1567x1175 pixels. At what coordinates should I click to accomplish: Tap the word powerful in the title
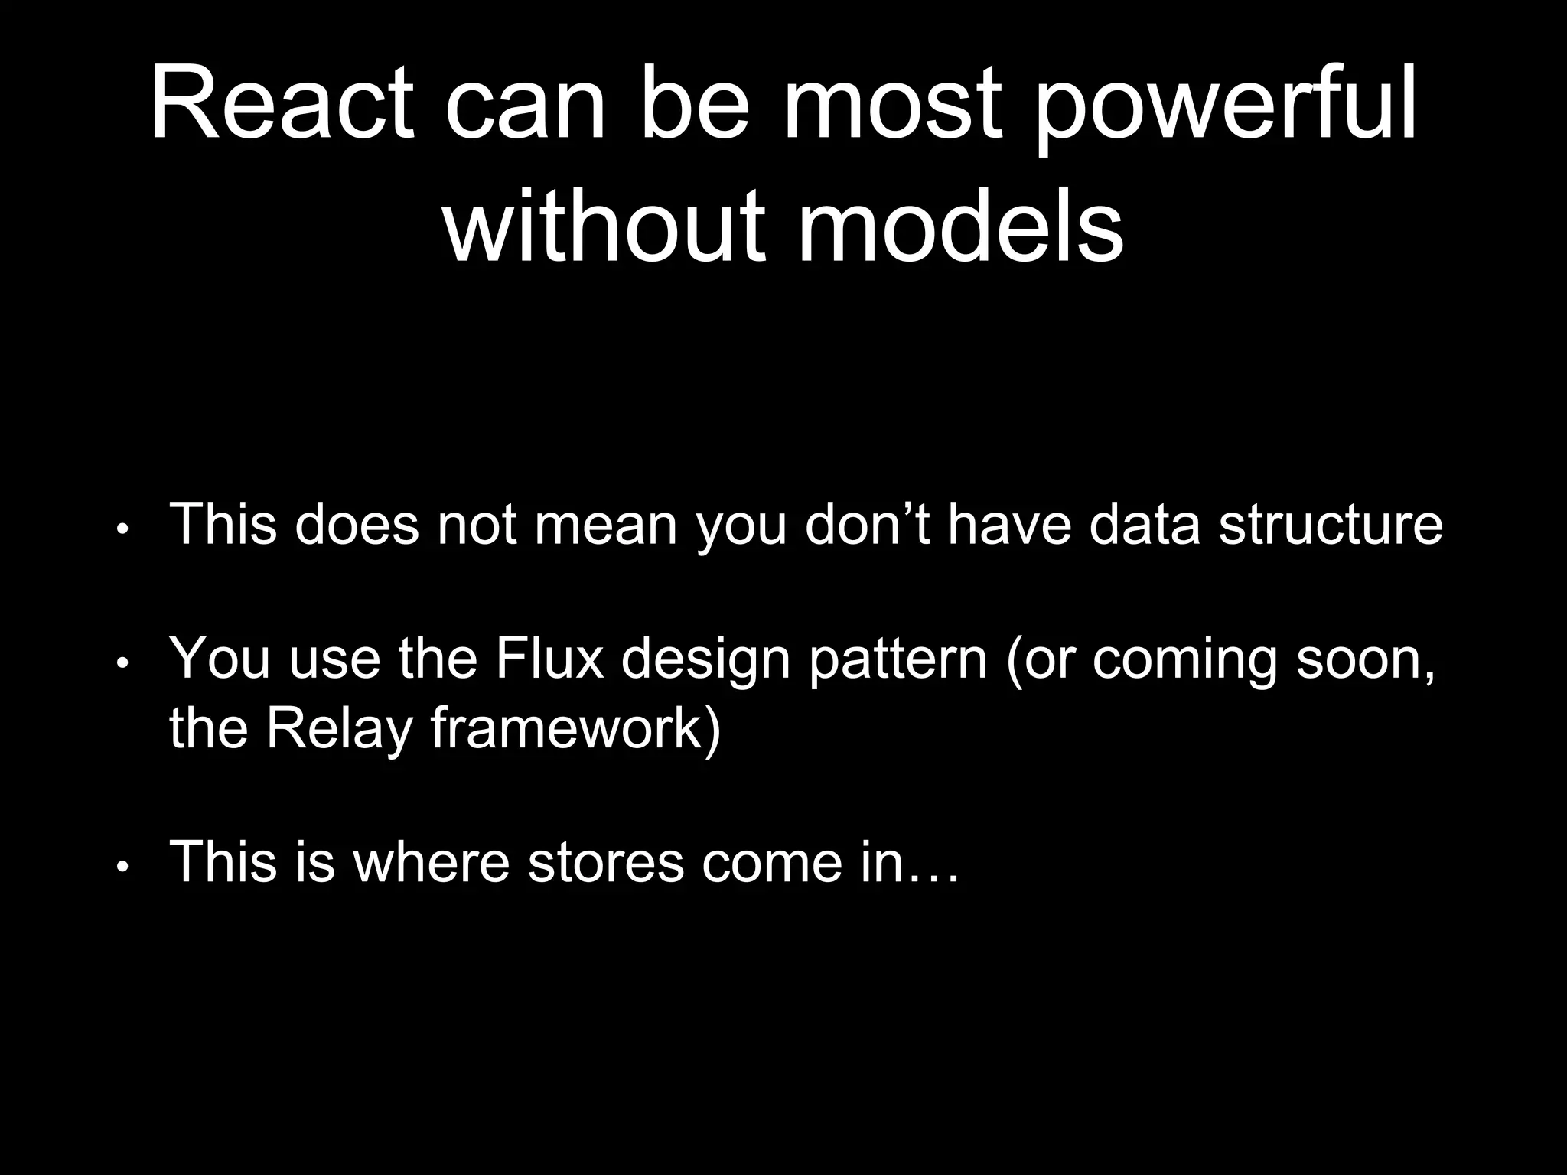point(1226,107)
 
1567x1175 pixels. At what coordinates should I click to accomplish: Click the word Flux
point(548,658)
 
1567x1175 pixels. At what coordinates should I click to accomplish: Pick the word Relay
point(340,728)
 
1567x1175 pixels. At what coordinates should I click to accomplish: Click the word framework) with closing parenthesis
point(575,728)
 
